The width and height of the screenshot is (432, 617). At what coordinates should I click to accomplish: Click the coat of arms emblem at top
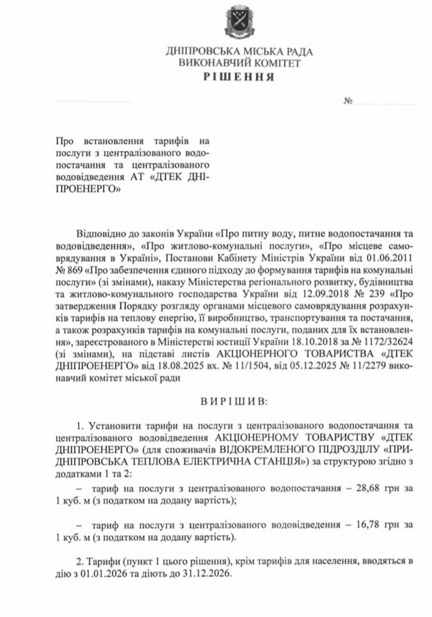(239, 23)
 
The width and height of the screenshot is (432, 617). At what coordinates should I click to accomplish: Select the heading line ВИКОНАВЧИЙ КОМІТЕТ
(239, 64)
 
